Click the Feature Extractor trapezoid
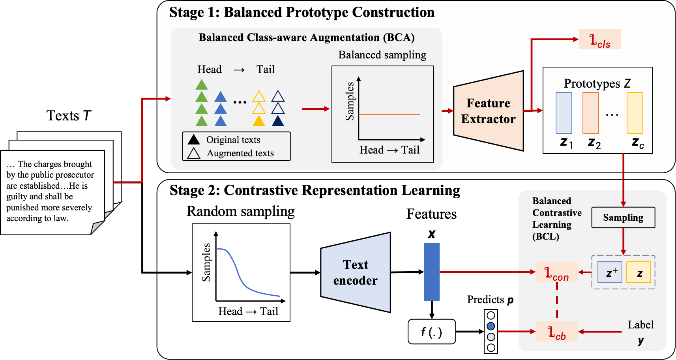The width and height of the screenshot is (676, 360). (489, 111)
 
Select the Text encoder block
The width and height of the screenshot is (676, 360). (356, 272)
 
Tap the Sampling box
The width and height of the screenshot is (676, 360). (623, 217)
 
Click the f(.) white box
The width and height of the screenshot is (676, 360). (432, 332)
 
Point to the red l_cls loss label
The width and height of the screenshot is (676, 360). (599, 39)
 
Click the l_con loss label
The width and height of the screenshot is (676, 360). (556, 272)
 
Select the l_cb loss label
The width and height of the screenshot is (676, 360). (556, 332)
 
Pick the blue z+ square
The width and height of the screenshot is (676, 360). (610, 272)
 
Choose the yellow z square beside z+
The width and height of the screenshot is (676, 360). (639, 272)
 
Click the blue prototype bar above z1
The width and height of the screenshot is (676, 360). (564, 113)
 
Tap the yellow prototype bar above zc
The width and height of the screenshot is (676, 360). (635, 113)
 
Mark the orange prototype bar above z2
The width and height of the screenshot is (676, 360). (591, 113)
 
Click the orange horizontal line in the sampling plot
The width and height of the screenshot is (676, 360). (389, 114)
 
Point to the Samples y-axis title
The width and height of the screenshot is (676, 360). (350, 101)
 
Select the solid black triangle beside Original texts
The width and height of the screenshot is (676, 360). (194, 140)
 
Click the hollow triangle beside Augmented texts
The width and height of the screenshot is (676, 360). (194, 153)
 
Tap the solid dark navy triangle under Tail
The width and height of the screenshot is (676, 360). (278, 121)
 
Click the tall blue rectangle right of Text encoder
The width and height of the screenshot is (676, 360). (432, 272)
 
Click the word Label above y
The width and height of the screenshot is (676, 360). (640, 325)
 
